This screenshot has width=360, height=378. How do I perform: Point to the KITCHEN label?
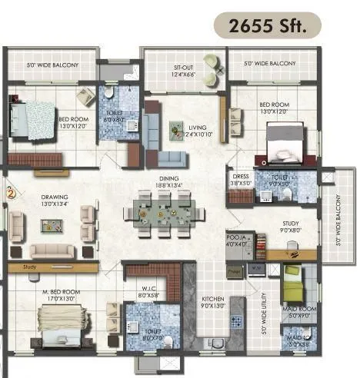pyautogui.click(x=212, y=300)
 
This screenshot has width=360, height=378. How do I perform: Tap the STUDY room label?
pyautogui.click(x=290, y=227)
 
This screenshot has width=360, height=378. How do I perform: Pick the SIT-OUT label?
pyautogui.click(x=184, y=71)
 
